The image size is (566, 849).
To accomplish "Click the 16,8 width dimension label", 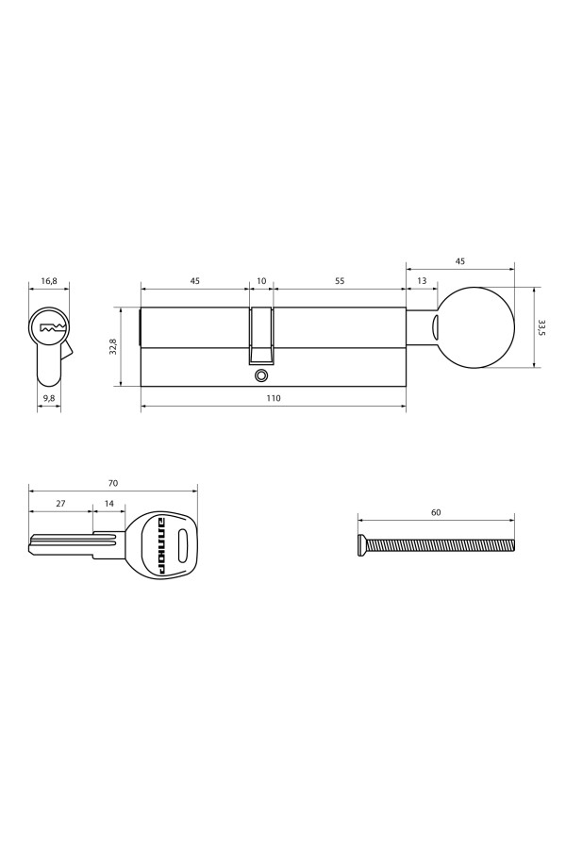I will pos(49,281).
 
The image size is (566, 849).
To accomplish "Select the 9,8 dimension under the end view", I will pos(49,399).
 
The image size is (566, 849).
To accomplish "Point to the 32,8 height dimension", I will pos(112,346).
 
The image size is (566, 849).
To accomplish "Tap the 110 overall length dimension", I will pos(274,399).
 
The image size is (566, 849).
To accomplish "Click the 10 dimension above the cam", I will pos(261,281).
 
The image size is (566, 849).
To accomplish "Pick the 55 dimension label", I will pos(340,281).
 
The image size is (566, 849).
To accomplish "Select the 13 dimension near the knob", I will pos(421,281).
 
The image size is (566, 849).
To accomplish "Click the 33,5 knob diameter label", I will pos(541,327).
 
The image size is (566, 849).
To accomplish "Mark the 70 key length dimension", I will pos(113,483).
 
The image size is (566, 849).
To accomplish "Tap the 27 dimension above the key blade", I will pos(60,505).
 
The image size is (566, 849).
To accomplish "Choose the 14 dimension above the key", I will pos(109,505).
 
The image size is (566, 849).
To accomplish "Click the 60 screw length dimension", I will pos(436,512).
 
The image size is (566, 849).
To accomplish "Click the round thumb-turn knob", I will pos(477,327).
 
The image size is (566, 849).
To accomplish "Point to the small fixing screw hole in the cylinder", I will pos(261,375).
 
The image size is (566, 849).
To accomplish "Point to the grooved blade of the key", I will pos(71,544).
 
